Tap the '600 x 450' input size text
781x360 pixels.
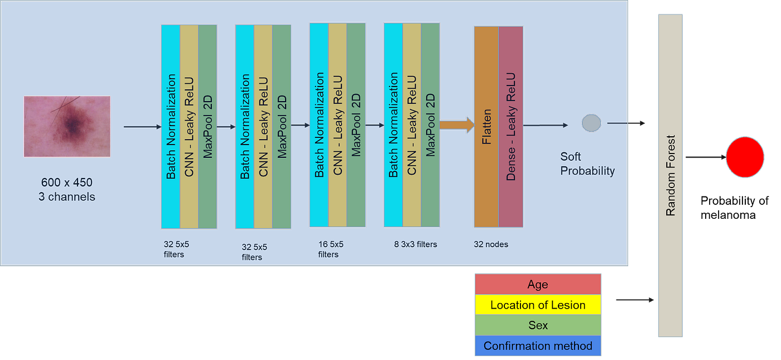(67, 183)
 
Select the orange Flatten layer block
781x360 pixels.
(486, 127)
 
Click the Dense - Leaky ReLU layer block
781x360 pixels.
(511, 127)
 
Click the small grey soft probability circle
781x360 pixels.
(591, 123)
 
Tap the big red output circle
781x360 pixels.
(745, 158)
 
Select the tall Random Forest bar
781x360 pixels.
(671, 176)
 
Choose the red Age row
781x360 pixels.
(538, 285)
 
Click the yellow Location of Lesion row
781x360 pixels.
(538, 305)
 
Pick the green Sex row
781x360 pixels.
(538, 325)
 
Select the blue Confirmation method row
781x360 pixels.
(538, 346)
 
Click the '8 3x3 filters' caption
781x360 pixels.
(415, 244)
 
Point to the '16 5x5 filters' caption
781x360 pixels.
(331, 249)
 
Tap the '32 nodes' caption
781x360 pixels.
(491, 244)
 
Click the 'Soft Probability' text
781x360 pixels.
(587, 164)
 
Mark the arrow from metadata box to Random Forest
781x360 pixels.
(634, 300)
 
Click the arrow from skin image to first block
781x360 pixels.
(142, 127)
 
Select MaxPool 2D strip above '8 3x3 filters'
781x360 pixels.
(431, 124)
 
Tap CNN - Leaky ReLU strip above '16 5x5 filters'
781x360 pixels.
(338, 125)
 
